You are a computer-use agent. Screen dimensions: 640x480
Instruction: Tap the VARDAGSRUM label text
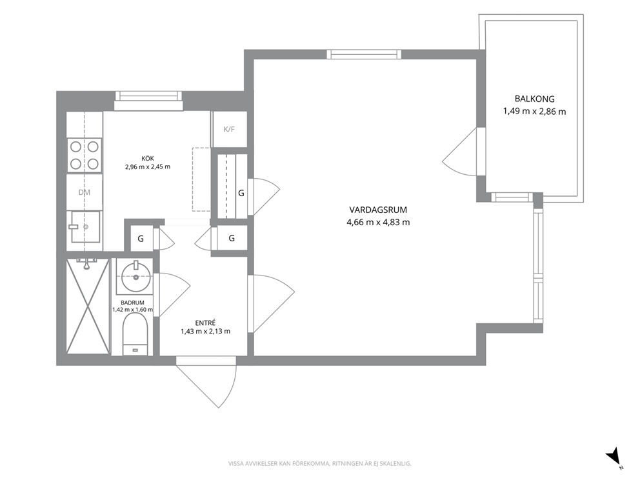[378, 210]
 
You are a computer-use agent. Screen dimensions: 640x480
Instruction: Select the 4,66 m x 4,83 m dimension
[378, 223]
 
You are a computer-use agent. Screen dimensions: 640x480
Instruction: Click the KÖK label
[148, 158]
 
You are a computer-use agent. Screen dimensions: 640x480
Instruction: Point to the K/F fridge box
[229, 130]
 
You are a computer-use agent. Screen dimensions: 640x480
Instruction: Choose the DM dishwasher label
[84, 192]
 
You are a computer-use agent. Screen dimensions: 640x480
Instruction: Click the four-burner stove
[85, 155]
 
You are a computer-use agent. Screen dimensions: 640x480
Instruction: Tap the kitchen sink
[85, 226]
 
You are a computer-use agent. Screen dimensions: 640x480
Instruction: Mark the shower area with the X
[88, 306]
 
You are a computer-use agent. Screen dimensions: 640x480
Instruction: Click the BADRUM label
[132, 303]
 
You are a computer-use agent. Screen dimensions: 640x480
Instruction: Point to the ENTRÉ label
[205, 323]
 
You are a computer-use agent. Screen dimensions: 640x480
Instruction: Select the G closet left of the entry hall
[141, 239]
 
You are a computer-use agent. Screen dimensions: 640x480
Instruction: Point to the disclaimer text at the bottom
[319, 464]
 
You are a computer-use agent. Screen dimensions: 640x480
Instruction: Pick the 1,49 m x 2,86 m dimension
[534, 111]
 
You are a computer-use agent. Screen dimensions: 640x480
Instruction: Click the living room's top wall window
[364, 54]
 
